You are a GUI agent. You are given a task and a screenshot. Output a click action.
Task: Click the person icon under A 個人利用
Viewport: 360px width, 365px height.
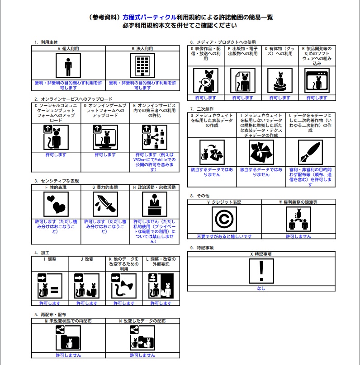(68, 66)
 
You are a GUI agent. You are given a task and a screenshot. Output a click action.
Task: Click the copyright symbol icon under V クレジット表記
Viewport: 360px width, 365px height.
(224, 220)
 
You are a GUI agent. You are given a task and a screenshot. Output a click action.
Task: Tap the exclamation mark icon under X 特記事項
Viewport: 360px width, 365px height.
(261, 271)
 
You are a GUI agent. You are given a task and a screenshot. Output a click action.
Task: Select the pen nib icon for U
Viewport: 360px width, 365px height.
(310, 152)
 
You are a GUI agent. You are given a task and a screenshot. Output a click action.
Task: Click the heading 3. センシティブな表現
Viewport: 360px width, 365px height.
(57, 181)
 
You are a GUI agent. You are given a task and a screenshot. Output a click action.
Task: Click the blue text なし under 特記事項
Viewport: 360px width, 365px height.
(261, 288)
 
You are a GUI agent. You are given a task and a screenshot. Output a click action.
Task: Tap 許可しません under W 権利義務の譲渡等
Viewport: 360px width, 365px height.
(298, 236)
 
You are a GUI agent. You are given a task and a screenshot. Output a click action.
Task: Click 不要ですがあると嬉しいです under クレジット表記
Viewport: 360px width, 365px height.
(224, 236)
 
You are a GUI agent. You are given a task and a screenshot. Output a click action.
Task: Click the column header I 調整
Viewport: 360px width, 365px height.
(50, 259)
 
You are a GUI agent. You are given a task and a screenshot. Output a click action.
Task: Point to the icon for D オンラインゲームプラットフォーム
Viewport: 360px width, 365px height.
(105, 136)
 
